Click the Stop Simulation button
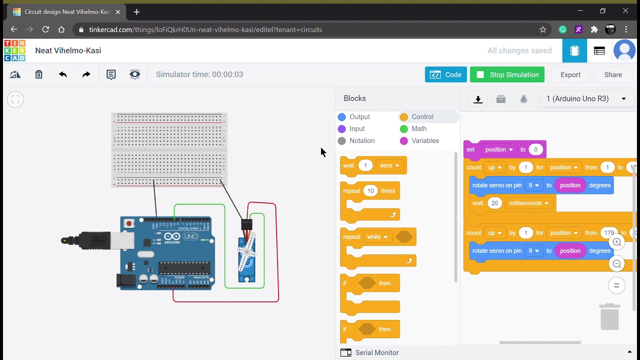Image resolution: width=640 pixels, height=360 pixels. (507, 74)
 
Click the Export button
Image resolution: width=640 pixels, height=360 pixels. (570, 74)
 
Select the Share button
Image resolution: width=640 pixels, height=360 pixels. (612, 74)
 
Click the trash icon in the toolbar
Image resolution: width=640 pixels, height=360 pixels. (38, 74)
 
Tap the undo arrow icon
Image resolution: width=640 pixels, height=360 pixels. (62, 74)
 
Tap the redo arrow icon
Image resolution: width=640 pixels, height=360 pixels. (86, 74)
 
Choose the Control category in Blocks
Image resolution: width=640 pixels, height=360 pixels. (422, 116)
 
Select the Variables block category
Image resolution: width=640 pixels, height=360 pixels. (424, 140)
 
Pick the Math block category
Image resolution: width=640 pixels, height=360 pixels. (418, 128)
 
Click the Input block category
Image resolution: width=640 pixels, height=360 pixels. (356, 128)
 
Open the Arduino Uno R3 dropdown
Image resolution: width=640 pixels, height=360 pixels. (586, 98)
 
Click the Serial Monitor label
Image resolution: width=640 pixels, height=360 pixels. (376, 352)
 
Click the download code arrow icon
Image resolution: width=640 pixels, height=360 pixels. (478, 99)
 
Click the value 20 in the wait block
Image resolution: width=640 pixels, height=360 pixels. (494, 203)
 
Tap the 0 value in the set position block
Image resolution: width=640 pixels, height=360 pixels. (535, 149)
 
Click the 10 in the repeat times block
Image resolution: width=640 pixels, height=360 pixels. (370, 190)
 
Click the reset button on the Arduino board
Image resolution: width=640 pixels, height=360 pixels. (129, 223)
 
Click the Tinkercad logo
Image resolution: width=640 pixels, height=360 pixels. (14, 50)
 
